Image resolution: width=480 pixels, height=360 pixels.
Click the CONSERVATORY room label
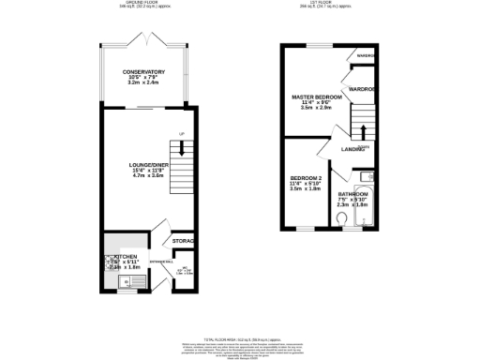pos(143,71)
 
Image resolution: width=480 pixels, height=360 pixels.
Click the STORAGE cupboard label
pos(183,243)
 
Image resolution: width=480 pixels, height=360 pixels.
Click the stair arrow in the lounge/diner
pos(181,147)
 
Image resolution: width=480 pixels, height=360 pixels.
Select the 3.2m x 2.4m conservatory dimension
pos(143,83)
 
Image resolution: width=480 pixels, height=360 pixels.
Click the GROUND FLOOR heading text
pos(143,3)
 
